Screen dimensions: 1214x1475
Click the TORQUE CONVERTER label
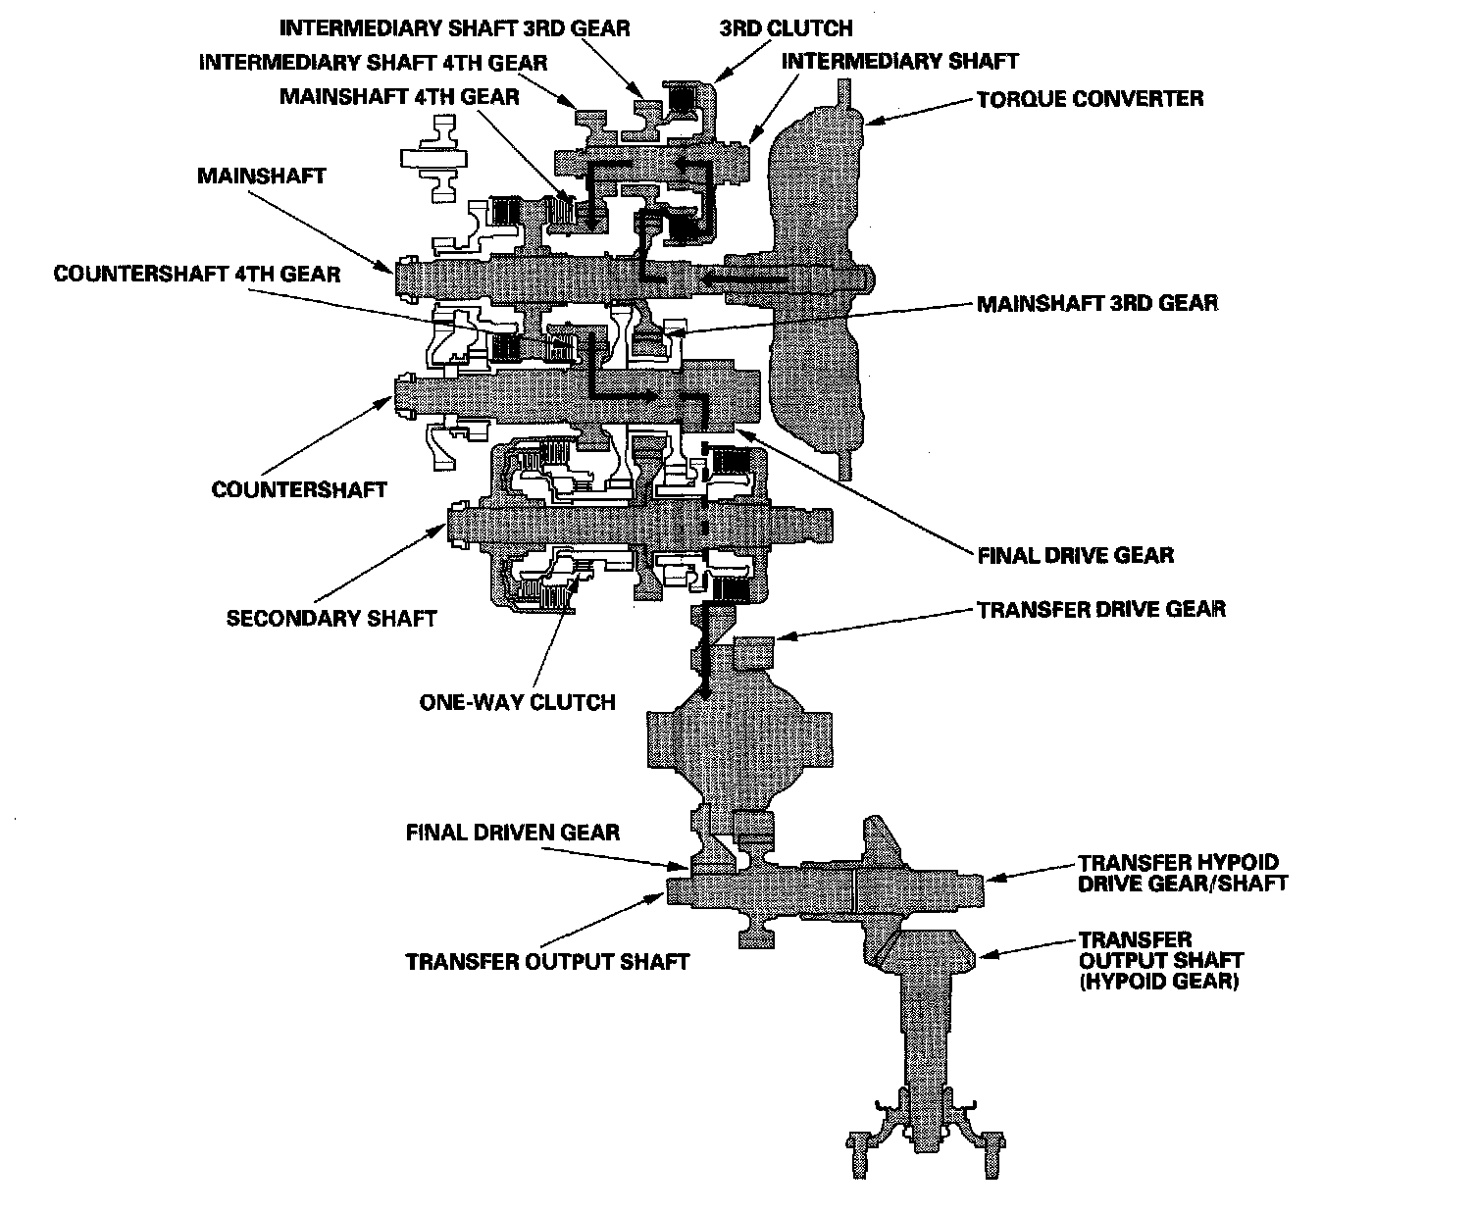click(x=1090, y=99)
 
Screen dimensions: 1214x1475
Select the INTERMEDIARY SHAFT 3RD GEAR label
click(x=454, y=28)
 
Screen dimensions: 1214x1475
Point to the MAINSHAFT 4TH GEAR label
click(x=399, y=97)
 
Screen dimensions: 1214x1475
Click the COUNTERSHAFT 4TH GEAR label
click(x=197, y=274)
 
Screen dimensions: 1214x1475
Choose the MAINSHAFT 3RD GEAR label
click(x=1096, y=302)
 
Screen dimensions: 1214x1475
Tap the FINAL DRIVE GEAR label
click(x=1075, y=555)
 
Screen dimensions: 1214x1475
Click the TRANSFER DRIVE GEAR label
click(x=1100, y=609)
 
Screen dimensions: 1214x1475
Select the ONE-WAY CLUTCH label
click(x=517, y=702)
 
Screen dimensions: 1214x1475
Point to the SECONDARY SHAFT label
click(x=331, y=618)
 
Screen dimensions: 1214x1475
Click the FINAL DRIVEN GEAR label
click(x=513, y=833)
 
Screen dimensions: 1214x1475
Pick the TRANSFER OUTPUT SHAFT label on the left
click(x=547, y=961)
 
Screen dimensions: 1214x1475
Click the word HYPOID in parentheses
click(x=1131, y=981)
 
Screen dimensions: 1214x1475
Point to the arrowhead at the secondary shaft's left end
click(x=442, y=530)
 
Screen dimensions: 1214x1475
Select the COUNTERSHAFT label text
click(x=299, y=489)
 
